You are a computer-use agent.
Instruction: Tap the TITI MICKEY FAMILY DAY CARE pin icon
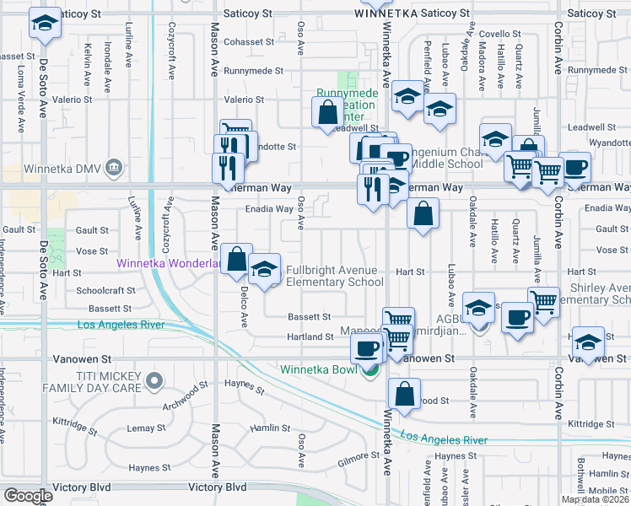click(x=154, y=382)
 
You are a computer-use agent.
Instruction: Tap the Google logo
click(x=27, y=495)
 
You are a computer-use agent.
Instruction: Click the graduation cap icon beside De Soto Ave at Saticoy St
click(x=45, y=23)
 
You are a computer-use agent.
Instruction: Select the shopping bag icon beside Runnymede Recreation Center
click(x=326, y=111)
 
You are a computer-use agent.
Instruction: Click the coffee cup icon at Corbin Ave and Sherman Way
click(x=575, y=166)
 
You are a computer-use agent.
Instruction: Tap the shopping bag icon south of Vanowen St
click(x=405, y=393)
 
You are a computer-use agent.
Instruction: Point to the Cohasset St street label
click(x=250, y=41)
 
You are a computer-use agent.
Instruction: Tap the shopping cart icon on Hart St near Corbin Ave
click(x=544, y=301)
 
